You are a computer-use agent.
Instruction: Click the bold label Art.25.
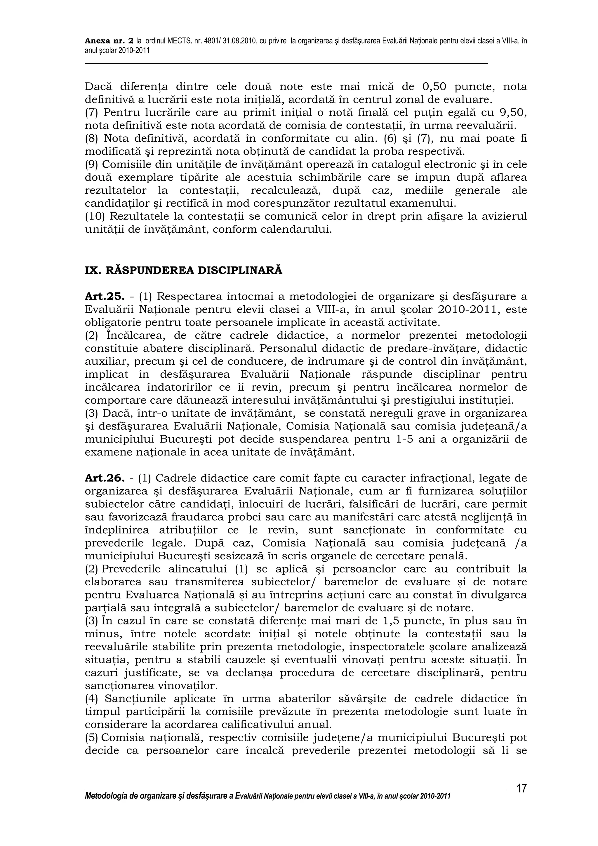104,297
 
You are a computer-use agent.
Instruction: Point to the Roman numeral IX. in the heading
93,270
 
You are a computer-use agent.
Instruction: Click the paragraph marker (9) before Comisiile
91,165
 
